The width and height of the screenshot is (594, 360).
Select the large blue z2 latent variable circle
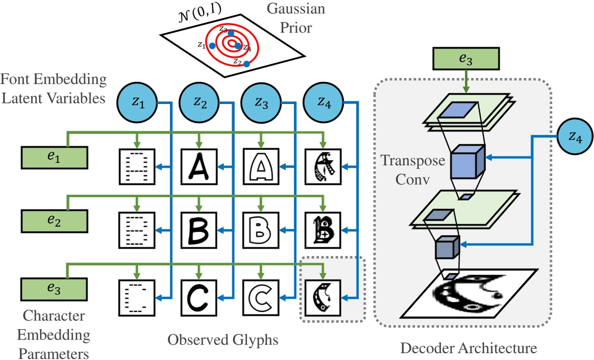tap(198, 103)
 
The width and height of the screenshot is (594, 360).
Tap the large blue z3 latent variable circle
tap(260, 103)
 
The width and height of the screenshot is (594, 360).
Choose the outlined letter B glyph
tap(261, 230)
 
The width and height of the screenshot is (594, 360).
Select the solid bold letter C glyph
tap(198, 297)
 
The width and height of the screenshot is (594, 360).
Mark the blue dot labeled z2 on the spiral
tap(247, 64)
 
